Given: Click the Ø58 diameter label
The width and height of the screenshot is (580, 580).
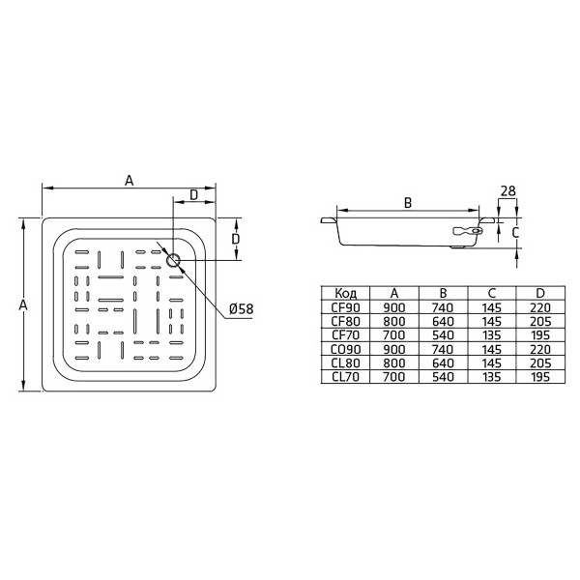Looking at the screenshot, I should [241, 309].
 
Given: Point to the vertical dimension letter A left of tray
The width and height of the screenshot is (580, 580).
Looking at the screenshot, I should [24, 304].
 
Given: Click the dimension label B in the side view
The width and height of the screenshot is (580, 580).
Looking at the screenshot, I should [407, 202].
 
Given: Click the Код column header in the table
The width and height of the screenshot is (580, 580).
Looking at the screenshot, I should [345, 293].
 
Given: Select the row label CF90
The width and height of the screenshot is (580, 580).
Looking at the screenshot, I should [345, 306].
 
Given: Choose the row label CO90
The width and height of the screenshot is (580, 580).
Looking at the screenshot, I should [345, 349].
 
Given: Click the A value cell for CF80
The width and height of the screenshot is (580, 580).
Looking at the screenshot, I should [393, 321].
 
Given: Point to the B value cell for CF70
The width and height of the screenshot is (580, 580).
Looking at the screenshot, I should [443, 334].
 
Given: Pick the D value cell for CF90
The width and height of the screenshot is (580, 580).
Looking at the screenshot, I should [540, 306].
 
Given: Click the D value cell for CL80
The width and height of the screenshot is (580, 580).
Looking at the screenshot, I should [540, 363].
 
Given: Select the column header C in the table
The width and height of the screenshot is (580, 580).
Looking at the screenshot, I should [492, 293].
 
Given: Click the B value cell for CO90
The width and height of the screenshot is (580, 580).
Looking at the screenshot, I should [443, 349].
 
